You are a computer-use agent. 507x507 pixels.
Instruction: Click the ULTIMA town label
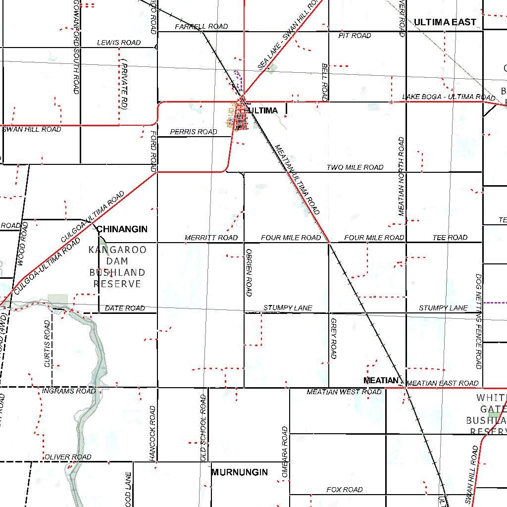264,110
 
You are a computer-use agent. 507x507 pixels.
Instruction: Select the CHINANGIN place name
122,229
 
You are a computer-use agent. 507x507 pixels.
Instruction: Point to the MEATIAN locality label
380,380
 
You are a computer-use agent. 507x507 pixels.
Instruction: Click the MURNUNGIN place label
240,472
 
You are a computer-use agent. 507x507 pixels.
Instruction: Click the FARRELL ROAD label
202,26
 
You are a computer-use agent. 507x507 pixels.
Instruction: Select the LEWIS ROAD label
119,43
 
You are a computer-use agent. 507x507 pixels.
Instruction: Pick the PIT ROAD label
355,36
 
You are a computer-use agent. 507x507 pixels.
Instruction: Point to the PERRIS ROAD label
194,132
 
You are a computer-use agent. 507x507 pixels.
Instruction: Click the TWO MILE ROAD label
355,167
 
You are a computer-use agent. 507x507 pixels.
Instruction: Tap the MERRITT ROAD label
211,238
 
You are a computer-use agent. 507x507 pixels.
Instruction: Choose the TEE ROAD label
450,238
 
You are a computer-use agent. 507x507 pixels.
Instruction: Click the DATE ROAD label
125,308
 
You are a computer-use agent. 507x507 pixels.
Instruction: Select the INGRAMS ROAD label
69,391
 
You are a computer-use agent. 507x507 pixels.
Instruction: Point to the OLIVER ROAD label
68,457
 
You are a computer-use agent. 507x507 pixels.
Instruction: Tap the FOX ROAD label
344,490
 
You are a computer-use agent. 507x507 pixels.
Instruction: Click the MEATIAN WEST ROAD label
344,392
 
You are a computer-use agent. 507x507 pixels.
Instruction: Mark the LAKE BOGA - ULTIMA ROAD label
449,97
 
